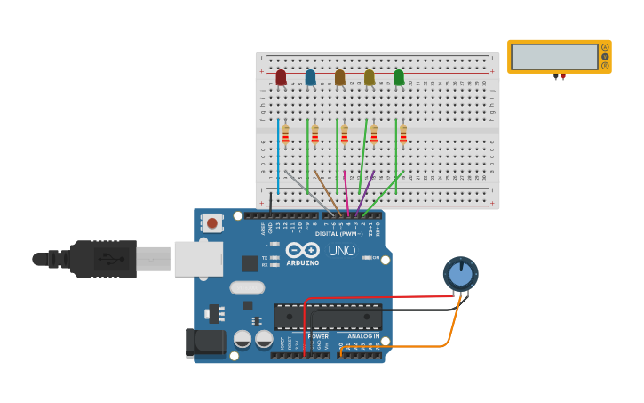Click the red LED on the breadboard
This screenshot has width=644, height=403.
(281, 77)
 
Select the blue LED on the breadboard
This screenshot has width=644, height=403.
(310, 77)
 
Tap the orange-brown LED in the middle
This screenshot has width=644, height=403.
(339, 77)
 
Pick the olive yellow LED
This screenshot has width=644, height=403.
(369, 77)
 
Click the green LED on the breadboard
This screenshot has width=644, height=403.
(398, 77)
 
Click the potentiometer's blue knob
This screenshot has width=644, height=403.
(460, 273)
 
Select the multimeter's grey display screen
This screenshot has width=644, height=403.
(554, 57)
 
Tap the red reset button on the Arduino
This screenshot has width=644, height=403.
(211, 222)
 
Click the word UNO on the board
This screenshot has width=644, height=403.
(342, 251)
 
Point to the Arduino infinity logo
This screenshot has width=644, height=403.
(302, 251)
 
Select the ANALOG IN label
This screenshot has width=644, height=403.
(362, 336)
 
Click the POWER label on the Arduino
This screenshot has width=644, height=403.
(317, 336)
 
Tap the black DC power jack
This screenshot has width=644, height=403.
(207, 343)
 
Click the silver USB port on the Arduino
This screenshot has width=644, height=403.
(197, 258)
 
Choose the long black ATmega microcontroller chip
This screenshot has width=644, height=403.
(328, 317)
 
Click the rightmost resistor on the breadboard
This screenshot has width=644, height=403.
(402, 134)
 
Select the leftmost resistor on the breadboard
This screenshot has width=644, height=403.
(285, 134)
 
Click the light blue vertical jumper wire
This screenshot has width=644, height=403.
(278, 156)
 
